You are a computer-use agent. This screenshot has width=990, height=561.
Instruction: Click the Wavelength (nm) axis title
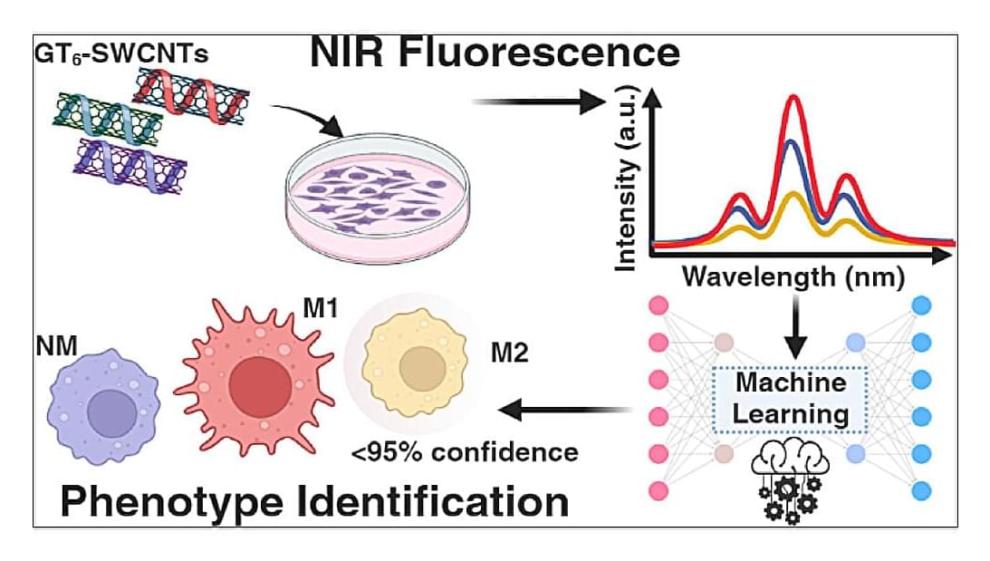pyautogui.click(x=793, y=276)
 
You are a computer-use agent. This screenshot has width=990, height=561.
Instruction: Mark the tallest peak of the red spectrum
pyautogui.click(x=794, y=97)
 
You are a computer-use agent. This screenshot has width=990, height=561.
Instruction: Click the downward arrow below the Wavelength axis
pyautogui.click(x=793, y=331)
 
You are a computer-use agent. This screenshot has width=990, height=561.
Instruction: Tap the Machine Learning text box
pyautogui.click(x=790, y=398)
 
